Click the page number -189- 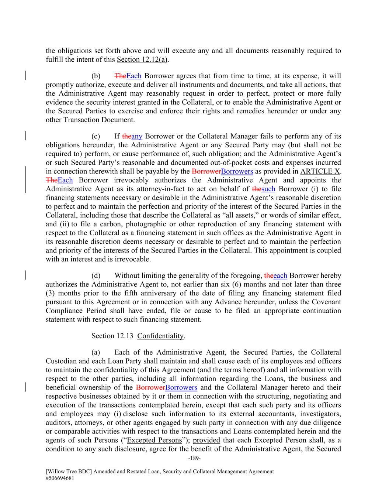point(194,458)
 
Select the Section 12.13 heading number point(113,336)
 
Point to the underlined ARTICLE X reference point(320,171)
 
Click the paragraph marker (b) point(96,76)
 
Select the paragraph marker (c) point(96,136)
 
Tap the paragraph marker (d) point(96,275)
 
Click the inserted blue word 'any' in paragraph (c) point(137,136)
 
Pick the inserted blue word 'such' point(268,189)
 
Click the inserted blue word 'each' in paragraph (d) point(280,275)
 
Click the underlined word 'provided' point(206,440)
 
